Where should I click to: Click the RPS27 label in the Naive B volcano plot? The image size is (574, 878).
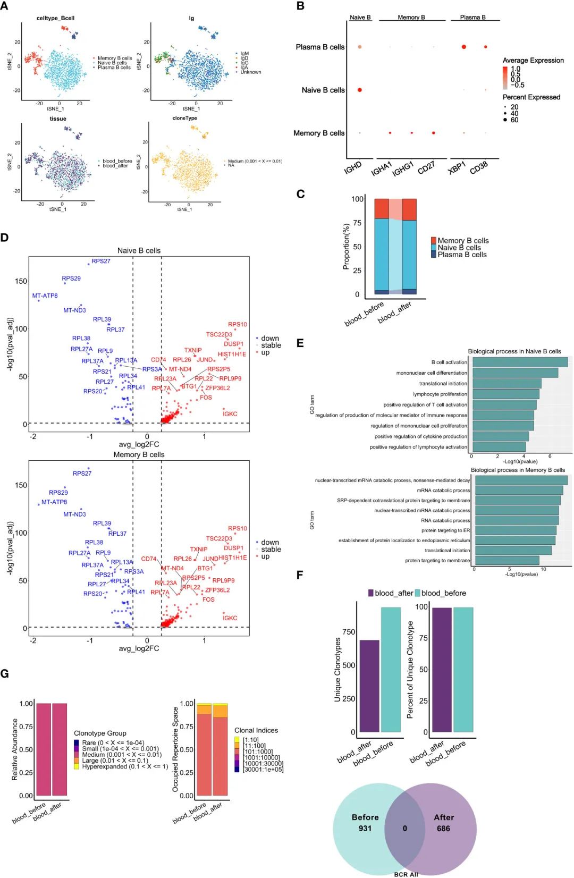(101, 261)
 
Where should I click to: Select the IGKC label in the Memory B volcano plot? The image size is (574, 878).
(230, 618)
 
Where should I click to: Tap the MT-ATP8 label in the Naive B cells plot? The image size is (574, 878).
(45, 296)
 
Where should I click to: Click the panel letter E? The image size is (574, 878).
(300, 343)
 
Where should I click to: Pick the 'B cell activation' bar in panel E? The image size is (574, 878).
(520, 362)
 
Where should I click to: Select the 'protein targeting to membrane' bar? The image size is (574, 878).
(507, 560)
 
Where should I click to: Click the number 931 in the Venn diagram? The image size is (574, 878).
(365, 829)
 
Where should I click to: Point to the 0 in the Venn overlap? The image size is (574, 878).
(405, 829)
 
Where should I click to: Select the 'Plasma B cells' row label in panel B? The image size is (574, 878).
(320, 47)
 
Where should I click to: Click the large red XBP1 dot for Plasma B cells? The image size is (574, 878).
(464, 47)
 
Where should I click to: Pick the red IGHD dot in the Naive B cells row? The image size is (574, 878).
(360, 90)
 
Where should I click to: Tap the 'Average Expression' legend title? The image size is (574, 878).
(533, 60)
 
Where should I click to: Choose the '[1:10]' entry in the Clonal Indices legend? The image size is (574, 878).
(250, 740)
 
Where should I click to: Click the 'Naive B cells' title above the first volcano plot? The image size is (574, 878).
(139, 250)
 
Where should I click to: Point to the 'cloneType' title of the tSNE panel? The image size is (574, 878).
(184, 118)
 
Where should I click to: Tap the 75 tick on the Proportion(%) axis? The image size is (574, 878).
(357, 223)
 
